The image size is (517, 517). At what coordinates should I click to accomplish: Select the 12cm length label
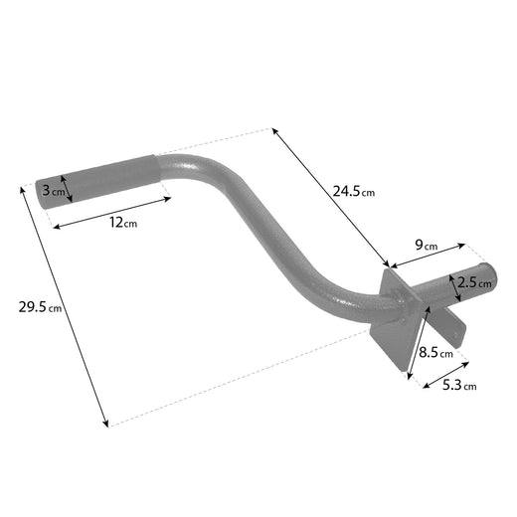click(123, 222)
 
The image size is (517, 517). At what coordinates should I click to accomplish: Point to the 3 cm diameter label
click(52, 189)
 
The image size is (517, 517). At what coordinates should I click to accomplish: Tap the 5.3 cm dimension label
click(458, 384)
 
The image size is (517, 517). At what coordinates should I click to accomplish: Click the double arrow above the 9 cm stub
click(428, 255)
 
